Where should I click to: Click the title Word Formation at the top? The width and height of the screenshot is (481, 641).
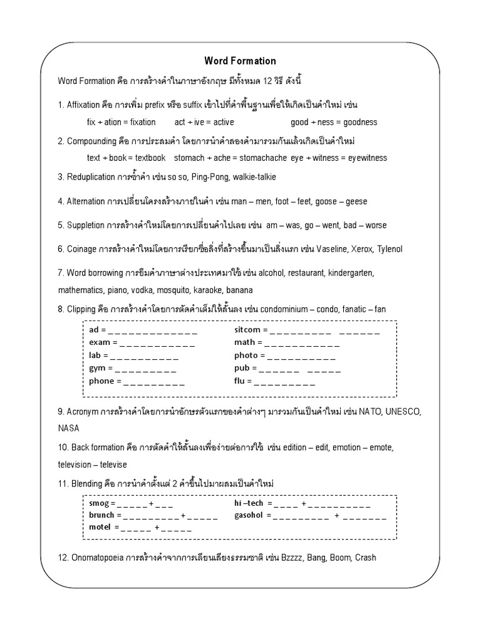240,61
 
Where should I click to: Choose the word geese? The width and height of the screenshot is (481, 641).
355,202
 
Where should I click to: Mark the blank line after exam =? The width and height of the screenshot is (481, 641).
157,344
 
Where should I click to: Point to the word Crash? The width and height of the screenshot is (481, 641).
365,557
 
